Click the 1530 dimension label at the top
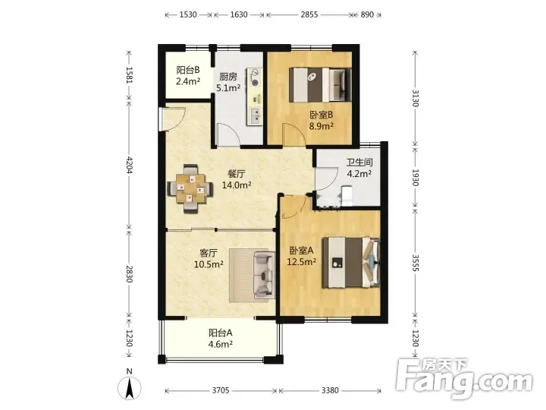pos(188,14)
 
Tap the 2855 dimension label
pos(309,14)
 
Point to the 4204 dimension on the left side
pos(129,165)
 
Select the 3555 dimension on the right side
pos(415,263)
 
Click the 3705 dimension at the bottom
pos(221,390)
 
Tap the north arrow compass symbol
pos(129,387)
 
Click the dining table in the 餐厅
pos(190,188)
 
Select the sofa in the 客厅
pos(264,276)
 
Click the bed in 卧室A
pos(351,263)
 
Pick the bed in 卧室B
pos(320,85)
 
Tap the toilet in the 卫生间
pos(347,196)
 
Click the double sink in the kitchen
pos(256,116)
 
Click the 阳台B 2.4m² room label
pos(188,76)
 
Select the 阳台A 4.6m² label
pos(221,339)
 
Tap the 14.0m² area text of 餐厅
pos(237,185)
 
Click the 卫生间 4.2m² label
pos(359,168)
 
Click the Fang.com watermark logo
pos(466,379)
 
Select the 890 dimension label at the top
pos(367,14)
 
